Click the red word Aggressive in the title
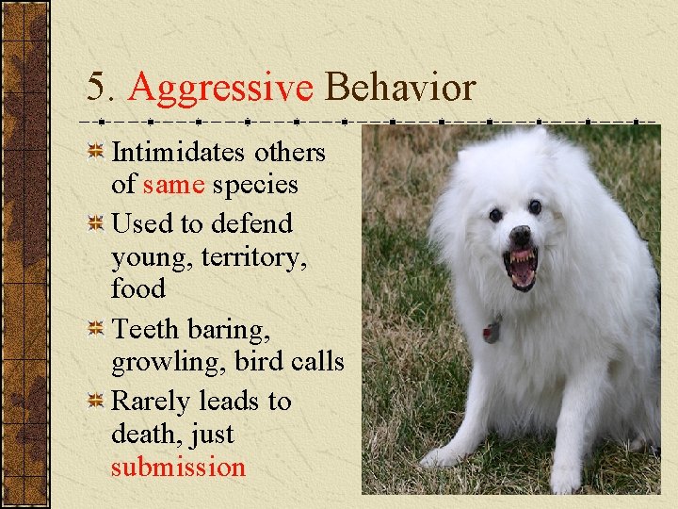click(220, 88)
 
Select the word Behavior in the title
click(400, 88)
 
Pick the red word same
click(173, 185)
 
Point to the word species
click(255, 185)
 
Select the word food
click(137, 288)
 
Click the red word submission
click(178, 468)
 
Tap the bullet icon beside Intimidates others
click(95, 153)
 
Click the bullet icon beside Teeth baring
click(95, 330)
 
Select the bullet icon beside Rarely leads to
click(95, 402)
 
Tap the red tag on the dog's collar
click(492, 332)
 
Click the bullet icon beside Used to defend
click(95, 224)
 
